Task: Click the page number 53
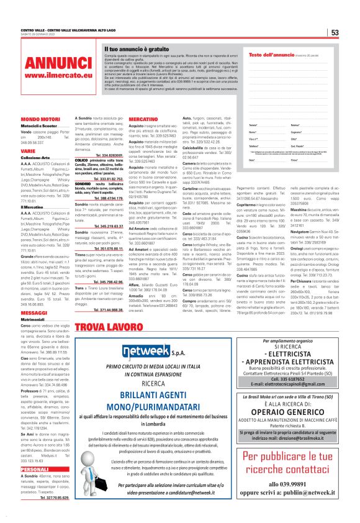[x=334, y=32]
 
